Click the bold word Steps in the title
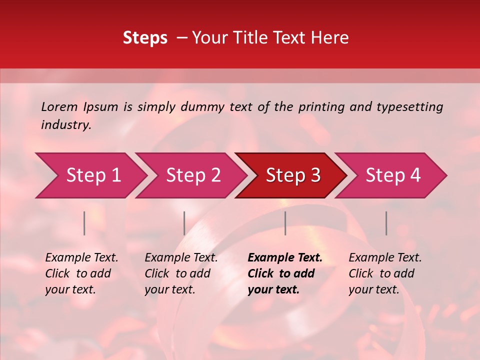[x=145, y=38]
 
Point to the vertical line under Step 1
[x=84, y=223]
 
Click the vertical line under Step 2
[x=184, y=223]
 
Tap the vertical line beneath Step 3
[x=285, y=223]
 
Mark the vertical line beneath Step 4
[x=386, y=223]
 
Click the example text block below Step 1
[x=81, y=273]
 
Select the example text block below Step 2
[x=181, y=273]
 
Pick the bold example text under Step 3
[x=284, y=273]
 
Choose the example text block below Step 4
[x=385, y=273]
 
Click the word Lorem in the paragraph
[x=59, y=106]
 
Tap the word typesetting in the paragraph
[x=409, y=106]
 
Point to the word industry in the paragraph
[x=66, y=124]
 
